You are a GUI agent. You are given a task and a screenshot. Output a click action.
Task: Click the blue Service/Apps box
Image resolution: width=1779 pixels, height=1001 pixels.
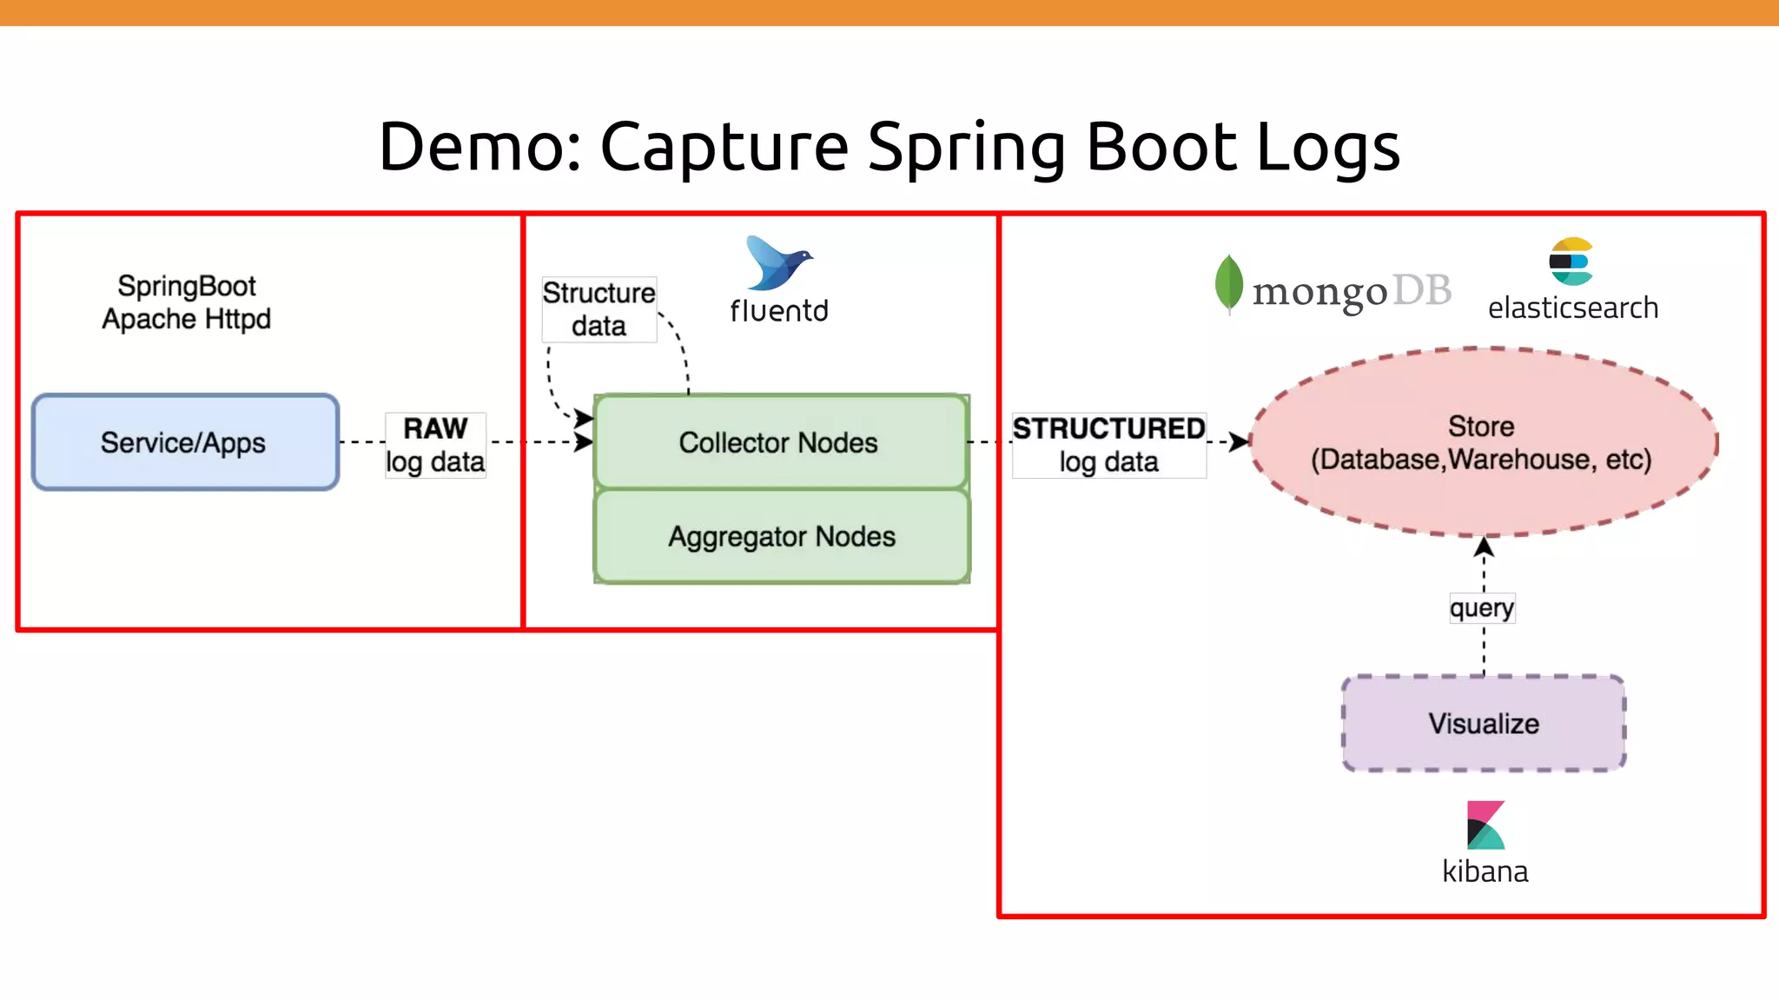[x=185, y=442]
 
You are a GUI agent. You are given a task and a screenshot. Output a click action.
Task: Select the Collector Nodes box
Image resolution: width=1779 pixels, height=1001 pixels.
[x=780, y=442]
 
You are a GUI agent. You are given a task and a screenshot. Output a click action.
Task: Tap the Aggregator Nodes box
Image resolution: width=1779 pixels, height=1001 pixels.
[x=780, y=537]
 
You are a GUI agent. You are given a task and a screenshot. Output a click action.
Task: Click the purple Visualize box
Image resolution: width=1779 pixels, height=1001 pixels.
[x=1484, y=723]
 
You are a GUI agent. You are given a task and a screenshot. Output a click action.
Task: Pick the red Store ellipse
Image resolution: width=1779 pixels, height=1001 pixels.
[x=1482, y=443]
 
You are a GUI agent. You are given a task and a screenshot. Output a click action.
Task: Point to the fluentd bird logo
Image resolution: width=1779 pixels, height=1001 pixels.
[x=777, y=262]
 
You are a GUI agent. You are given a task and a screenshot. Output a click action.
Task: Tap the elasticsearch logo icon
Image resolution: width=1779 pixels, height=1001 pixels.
[x=1571, y=261]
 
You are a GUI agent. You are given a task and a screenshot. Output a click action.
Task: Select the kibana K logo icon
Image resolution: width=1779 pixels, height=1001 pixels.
[x=1485, y=825]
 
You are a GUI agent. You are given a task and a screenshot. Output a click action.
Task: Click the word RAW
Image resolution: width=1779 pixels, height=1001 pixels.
[x=435, y=428]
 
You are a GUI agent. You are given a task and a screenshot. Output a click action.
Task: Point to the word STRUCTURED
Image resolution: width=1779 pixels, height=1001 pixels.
[x=1108, y=428]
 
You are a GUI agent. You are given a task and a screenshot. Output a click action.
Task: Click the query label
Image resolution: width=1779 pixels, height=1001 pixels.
[x=1482, y=607]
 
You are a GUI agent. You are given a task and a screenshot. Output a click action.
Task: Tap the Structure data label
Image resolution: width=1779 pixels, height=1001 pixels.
[x=599, y=309]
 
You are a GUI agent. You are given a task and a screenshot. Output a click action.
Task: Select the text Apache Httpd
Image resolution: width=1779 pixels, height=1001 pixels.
[x=186, y=319]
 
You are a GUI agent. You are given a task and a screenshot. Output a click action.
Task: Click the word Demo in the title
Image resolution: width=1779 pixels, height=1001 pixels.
[x=479, y=146]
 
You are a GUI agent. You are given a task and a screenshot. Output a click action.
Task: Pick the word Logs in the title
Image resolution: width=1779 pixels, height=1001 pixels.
[x=1328, y=146]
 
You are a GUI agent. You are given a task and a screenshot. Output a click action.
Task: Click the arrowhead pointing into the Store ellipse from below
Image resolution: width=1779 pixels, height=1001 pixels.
[x=1484, y=547]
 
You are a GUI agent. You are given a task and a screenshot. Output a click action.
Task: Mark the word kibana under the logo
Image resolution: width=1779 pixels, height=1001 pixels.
[x=1485, y=871]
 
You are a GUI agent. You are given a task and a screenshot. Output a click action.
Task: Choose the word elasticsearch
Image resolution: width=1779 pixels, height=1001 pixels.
[x=1572, y=308]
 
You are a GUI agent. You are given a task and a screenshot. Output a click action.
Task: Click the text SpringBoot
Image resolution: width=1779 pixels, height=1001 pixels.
[x=187, y=286]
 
